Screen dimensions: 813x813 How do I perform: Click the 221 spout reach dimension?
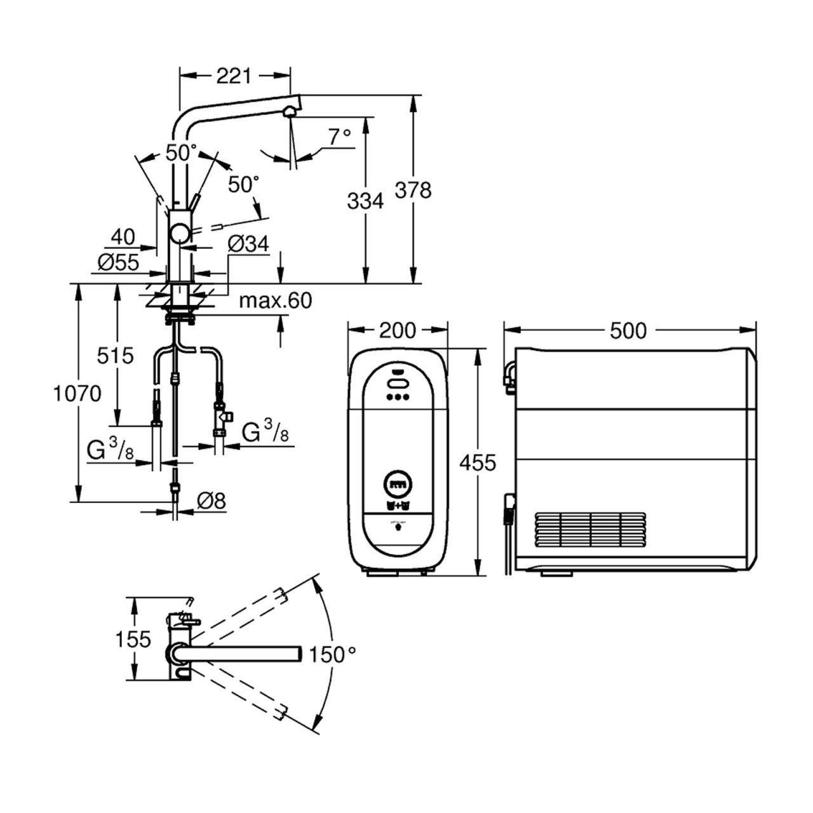click(234, 76)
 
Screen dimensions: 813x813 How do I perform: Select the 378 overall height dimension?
click(413, 191)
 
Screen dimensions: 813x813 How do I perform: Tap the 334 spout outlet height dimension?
click(365, 201)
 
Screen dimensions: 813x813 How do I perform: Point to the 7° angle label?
click(340, 137)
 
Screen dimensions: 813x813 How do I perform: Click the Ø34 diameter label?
click(248, 244)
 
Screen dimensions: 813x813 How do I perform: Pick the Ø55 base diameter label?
click(119, 262)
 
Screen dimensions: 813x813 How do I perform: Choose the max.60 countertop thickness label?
click(276, 300)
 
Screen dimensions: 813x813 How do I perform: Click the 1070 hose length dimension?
click(77, 394)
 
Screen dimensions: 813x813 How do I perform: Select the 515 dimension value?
click(115, 356)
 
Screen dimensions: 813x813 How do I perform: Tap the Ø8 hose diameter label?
click(212, 501)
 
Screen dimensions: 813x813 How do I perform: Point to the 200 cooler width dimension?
click(398, 330)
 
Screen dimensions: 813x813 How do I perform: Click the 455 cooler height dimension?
click(478, 463)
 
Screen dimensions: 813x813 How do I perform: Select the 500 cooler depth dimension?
click(628, 331)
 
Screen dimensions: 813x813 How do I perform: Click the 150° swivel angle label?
click(332, 654)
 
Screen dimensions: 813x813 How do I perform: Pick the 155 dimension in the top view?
click(133, 639)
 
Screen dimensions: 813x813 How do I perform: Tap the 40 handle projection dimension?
click(123, 237)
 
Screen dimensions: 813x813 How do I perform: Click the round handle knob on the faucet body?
click(180, 233)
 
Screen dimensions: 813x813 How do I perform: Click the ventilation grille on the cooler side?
click(591, 529)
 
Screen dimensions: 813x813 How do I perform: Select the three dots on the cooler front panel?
click(398, 397)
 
